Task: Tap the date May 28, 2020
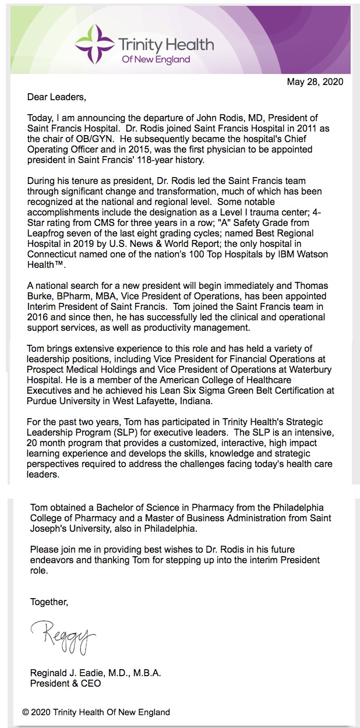315,82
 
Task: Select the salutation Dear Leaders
56,97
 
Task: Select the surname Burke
40,296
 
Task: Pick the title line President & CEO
65,683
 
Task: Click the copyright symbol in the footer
26,712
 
